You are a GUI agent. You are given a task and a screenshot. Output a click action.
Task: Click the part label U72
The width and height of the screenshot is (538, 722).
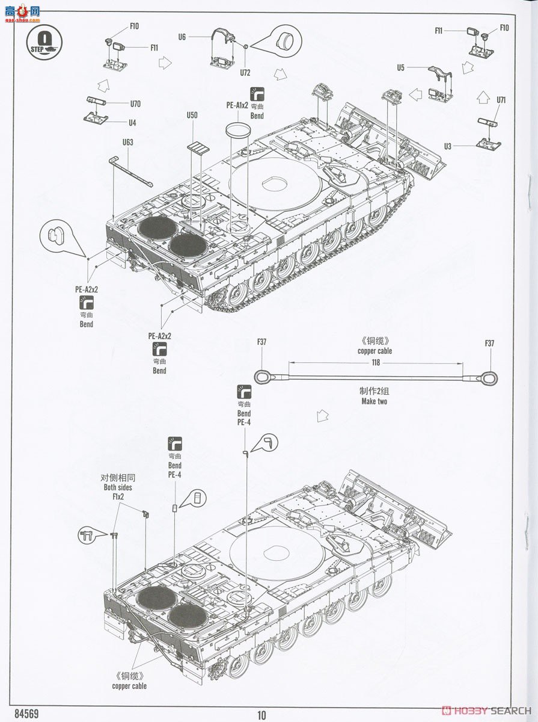(245, 72)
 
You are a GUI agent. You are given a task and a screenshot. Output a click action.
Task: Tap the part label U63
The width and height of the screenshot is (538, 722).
(127, 143)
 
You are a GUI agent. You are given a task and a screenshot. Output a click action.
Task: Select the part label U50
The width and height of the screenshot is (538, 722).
(192, 115)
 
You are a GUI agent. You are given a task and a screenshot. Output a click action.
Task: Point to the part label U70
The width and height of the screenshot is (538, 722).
(135, 103)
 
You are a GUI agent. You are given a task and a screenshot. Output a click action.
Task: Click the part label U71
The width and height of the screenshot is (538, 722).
(501, 100)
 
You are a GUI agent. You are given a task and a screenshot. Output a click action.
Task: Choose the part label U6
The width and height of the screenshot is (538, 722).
(182, 37)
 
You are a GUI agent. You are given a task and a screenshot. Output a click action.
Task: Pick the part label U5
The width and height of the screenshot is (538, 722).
(400, 68)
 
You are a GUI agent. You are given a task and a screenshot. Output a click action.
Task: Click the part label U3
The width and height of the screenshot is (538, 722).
(447, 146)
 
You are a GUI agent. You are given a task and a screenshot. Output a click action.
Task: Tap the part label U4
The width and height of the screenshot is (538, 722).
(132, 122)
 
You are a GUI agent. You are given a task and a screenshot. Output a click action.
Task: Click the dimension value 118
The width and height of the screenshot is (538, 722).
(376, 362)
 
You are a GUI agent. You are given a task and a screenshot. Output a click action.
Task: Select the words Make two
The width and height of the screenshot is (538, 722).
(374, 401)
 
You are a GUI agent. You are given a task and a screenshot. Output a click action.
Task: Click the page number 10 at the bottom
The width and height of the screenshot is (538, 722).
(261, 715)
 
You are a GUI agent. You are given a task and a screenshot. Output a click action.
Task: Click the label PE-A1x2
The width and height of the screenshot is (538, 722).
(237, 105)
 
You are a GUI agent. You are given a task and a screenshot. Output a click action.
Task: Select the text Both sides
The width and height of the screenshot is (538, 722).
(117, 487)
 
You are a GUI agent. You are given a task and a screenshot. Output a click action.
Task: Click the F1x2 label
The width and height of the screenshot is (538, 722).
(118, 496)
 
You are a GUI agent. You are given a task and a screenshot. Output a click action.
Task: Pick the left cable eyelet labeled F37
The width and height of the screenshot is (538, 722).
(262, 377)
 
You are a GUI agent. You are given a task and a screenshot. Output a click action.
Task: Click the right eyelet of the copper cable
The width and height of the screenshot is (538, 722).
(489, 378)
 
